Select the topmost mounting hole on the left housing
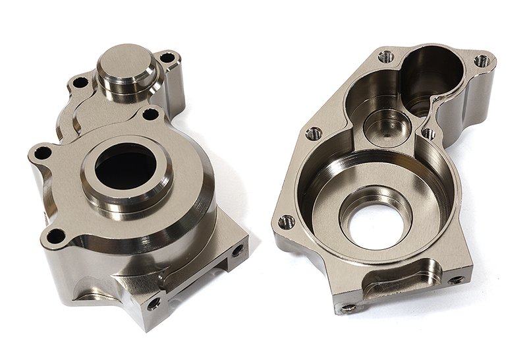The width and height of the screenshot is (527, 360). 167,58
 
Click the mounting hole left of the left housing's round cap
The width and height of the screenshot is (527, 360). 80,83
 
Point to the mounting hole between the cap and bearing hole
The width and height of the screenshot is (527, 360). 150,114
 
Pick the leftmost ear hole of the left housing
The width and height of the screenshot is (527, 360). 43,153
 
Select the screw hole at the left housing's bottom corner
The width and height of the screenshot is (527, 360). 153,303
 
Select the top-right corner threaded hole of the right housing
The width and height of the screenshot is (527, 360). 482,61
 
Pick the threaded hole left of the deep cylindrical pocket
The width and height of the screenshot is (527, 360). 386,57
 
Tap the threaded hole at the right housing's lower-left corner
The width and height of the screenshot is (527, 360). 287,222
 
